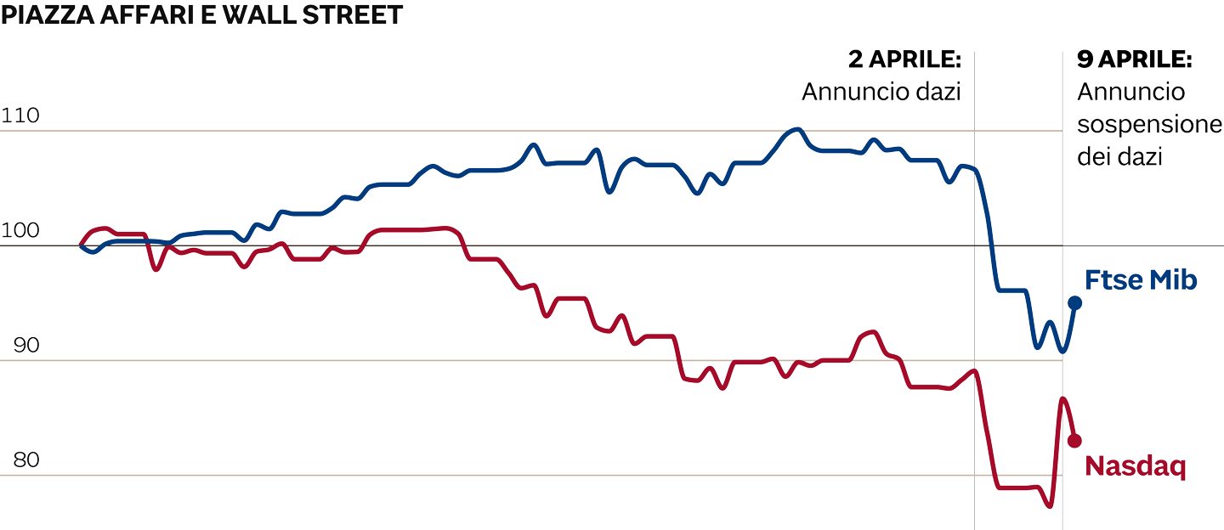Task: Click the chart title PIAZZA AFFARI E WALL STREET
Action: click(201, 15)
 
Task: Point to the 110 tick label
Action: click(21, 116)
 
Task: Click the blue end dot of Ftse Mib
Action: click(1074, 302)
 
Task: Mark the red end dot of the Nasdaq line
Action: click(1074, 440)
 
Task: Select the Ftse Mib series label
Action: click(1141, 280)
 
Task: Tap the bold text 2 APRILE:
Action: click(904, 60)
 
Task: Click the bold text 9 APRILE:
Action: click(1134, 60)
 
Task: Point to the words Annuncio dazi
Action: click(881, 92)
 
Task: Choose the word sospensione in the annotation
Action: click(1148, 125)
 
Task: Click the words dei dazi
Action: click(1119, 157)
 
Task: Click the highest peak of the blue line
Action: click(796, 129)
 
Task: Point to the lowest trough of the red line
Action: click(1050, 506)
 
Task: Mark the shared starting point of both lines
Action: click(82, 245)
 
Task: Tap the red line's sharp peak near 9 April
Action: click(1062, 398)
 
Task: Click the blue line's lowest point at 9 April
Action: click(1062, 351)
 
